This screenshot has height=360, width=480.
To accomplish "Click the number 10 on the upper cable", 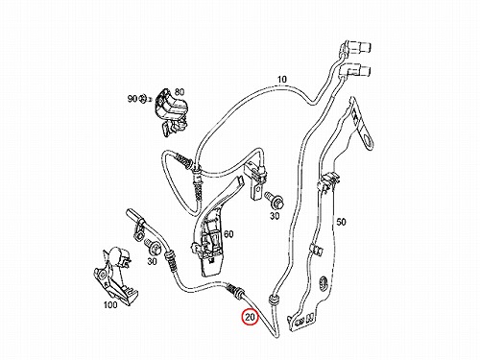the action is pyautogui.click(x=282, y=79).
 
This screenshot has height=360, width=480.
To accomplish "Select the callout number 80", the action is pyautogui.click(x=180, y=92).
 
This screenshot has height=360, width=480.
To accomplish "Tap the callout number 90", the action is pyautogui.click(x=132, y=99).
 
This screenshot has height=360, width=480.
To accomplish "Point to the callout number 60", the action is pyautogui.click(x=228, y=234).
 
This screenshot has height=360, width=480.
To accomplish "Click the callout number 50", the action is pyautogui.click(x=341, y=222).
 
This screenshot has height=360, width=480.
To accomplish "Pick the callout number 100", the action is pyautogui.click(x=110, y=304).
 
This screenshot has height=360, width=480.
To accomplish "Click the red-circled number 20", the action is pyautogui.click(x=250, y=317).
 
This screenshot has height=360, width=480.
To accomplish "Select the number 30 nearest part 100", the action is pyautogui.click(x=153, y=261).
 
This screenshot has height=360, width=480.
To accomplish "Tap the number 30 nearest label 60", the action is pyautogui.click(x=275, y=216).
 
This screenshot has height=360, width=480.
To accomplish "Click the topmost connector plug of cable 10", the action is pyautogui.click(x=357, y=47).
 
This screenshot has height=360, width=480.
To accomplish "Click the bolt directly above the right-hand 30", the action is pyautogui.click(x=273, y=200).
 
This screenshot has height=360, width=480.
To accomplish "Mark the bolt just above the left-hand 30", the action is pyautogui.click(x=153, y=247).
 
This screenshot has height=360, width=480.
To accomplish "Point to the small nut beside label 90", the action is pyautogui.click(x=144, y=99).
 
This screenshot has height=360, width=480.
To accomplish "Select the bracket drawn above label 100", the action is pyautogui.click(x=114, y=276).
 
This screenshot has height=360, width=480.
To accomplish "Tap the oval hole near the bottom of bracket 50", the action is pyautogui.click(x=324, y=283).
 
